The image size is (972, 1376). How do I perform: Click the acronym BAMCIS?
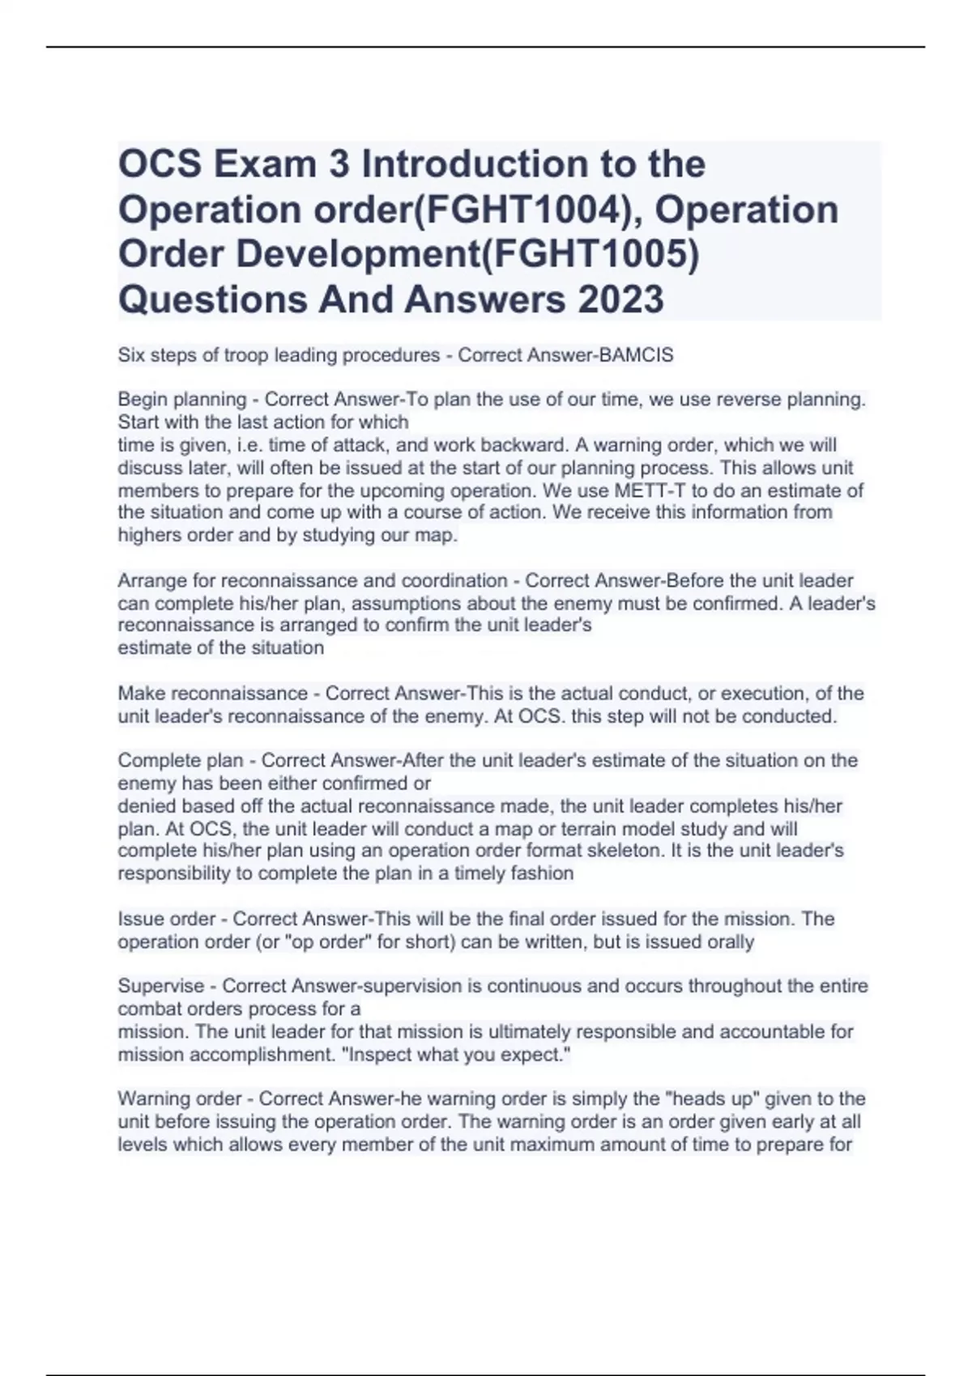point(635,355)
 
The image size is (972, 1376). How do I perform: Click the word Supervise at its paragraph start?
point(160,986)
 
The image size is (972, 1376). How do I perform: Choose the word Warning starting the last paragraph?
point(151,1099)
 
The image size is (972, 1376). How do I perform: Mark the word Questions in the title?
point(212,299)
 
